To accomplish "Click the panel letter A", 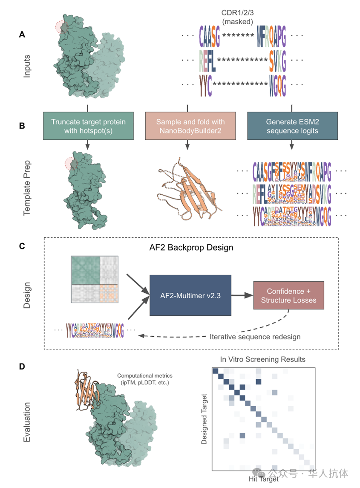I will click(x=22, y=35).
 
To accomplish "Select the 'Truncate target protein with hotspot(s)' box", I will click(x=88, y=126).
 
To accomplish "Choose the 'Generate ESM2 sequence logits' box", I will click(x=292, y=126).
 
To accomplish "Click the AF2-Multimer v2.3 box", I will click(x=190, y=295).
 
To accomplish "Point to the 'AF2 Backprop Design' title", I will click(x=191, y=248).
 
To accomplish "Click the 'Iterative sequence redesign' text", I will click(x=255, y=337).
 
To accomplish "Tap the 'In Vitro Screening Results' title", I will click(x=262, y=359).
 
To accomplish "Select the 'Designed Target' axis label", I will click(x=204, y=419).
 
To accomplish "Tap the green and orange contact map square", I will click(x=94, y=279).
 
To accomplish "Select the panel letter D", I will click(x=22, y=367).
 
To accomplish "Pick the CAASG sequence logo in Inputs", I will click(x=209, y=35).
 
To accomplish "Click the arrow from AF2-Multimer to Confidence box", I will click(x=242, y=295).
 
